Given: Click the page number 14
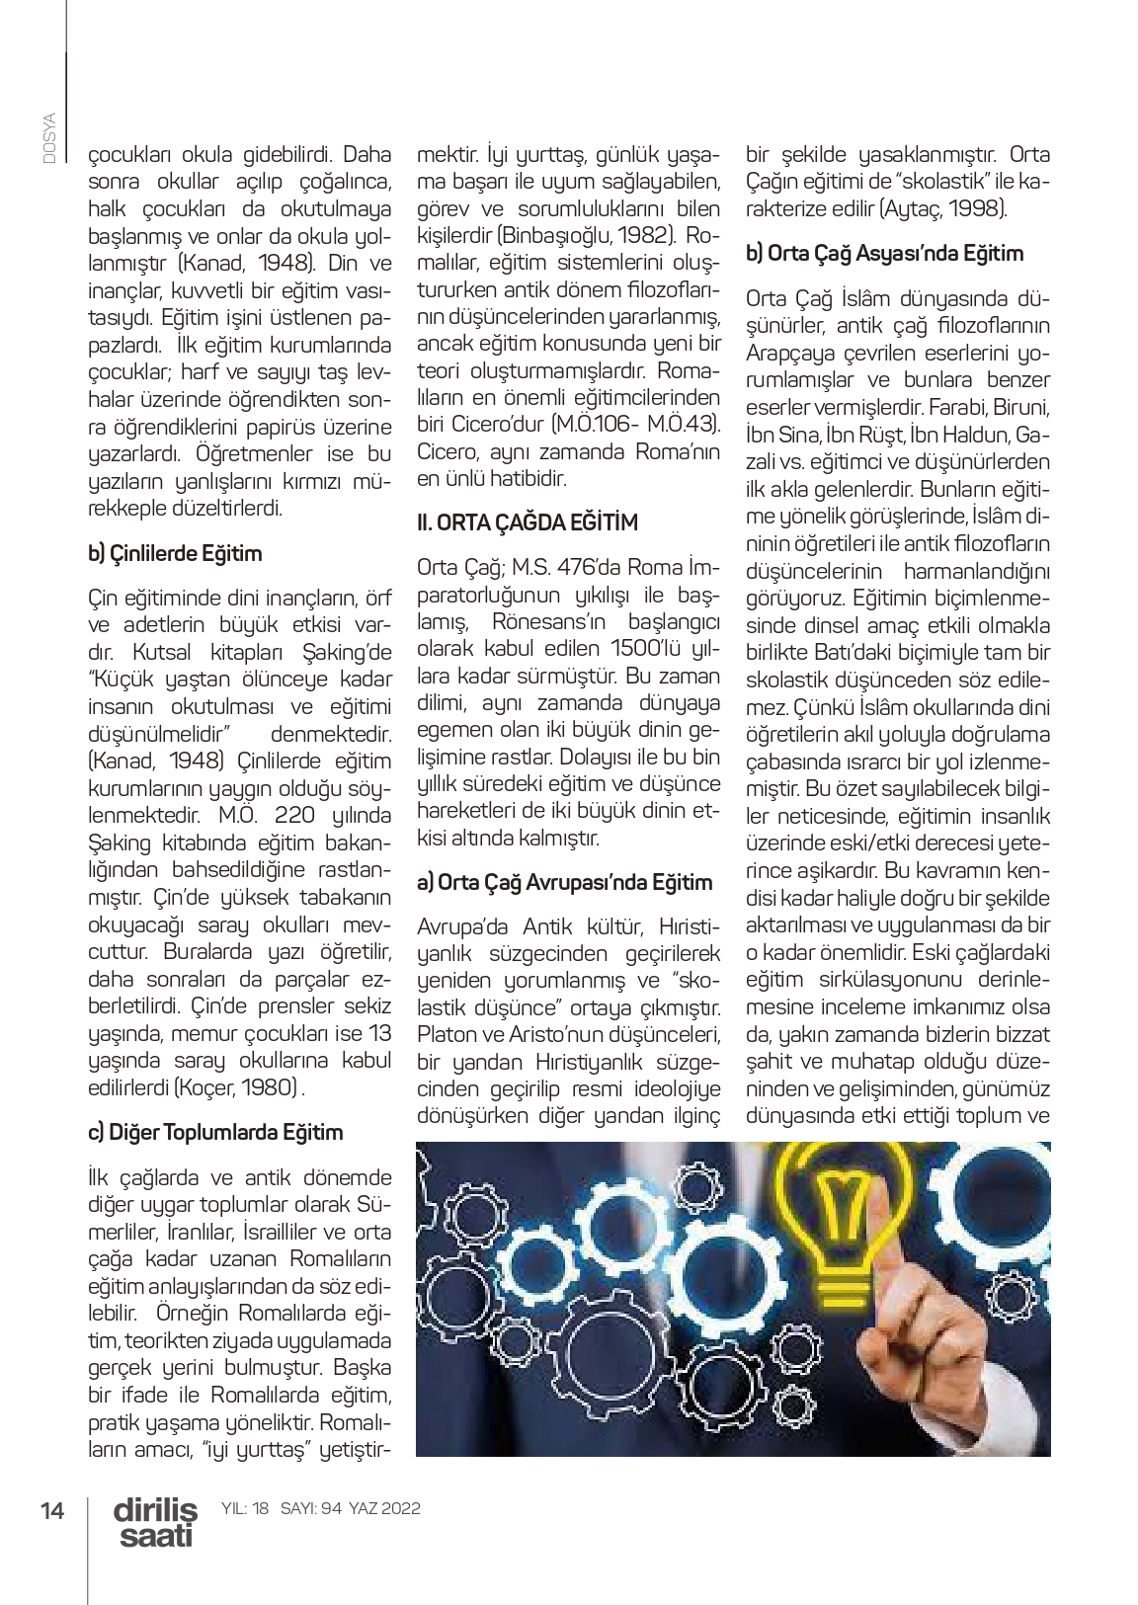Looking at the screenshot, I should pyautogui.click(x=51, y=1510).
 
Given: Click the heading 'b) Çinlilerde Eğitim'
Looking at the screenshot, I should pyautogui.click(x=175, y=553).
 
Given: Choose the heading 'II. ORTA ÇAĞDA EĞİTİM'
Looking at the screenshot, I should pyautogui.click(x=528, y=522).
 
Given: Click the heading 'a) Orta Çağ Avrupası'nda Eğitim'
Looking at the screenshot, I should pyautogui.click(x=564, y=882).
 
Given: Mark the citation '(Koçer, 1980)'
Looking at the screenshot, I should pyautogui.click(x=236, y=1087).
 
